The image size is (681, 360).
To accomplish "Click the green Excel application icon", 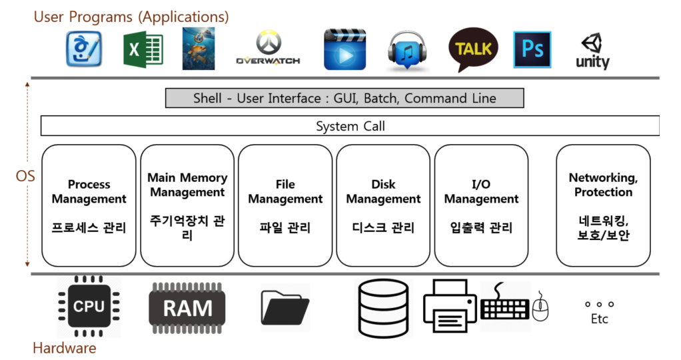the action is click(143, 49).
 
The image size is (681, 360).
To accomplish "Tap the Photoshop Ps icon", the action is click(532, 49).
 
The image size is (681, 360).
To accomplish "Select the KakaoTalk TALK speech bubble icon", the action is click(473, 49).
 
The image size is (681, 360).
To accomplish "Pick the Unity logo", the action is click(592, 51).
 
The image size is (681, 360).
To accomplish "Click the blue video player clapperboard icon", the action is click(345, 49).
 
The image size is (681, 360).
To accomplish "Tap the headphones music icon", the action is click(407, 51).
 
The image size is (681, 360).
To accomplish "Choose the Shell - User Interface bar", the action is click(344, 98).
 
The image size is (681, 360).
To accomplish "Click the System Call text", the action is click(350, 126).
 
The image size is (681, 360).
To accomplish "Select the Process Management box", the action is click(89, 205).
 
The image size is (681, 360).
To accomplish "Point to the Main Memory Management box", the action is click(187, 205).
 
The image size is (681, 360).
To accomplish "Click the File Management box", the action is click(285, 205).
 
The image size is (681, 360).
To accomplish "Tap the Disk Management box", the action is click(383, 205).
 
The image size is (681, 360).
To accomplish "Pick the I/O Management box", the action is click(481, 205).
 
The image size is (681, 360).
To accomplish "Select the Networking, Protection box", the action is click(603, 205).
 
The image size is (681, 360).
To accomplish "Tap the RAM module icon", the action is click(187, 308).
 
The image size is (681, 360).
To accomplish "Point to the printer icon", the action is click(450, 306).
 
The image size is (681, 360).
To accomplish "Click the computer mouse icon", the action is click(540, 306).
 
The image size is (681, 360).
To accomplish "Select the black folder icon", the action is click(285, 308).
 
